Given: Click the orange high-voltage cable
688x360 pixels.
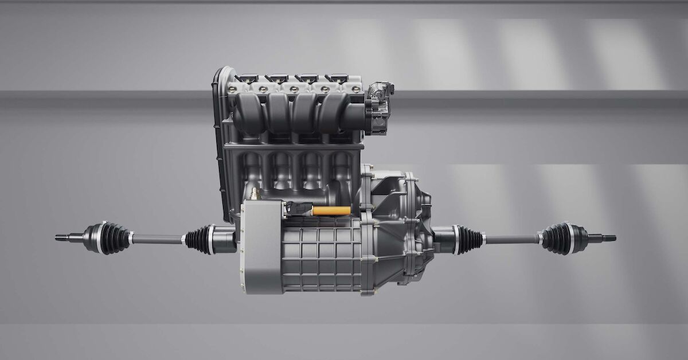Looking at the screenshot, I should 331,211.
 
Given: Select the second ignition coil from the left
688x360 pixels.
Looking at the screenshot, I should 279,78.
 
